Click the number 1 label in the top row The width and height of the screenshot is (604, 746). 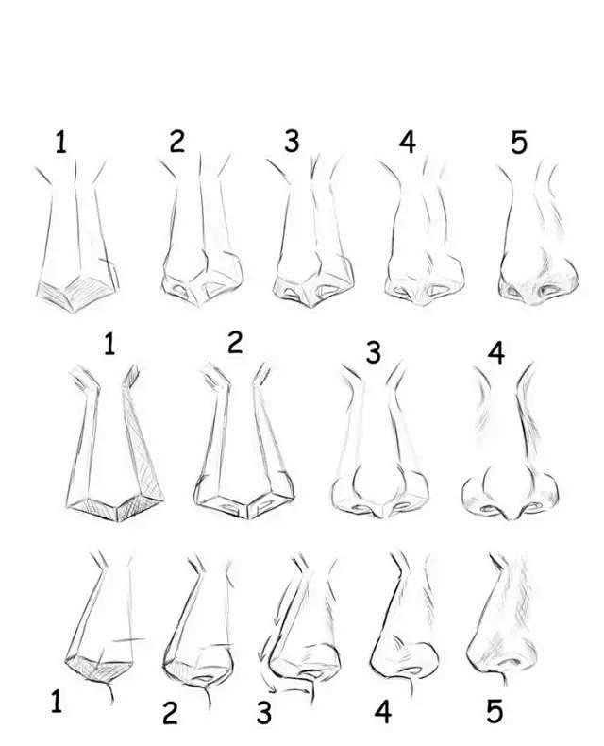60,143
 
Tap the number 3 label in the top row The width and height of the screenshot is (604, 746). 292,142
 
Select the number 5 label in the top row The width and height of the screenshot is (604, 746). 519,142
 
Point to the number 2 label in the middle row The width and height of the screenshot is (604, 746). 235,342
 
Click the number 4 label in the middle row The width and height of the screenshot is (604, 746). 496,352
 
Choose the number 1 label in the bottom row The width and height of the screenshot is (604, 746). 56,702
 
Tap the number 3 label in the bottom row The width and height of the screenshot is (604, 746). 264,712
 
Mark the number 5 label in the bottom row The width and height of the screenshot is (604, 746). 495,712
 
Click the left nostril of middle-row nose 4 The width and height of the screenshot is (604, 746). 488,509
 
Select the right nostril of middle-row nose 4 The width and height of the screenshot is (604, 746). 533,506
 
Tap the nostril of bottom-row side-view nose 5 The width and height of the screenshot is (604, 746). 510,662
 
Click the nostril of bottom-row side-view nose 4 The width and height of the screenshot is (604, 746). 411,670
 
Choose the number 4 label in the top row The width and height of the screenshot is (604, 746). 407,142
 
